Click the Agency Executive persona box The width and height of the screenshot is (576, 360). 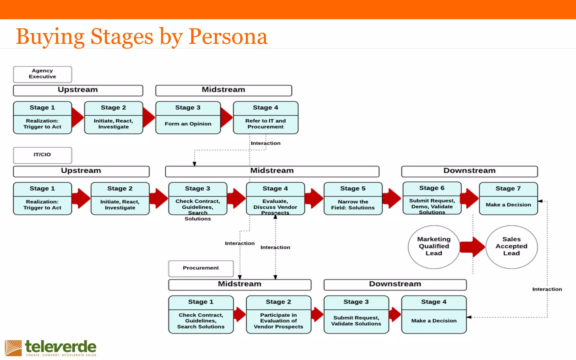42,74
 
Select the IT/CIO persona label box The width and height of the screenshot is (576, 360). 42,155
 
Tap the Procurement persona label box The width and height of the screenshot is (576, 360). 201,268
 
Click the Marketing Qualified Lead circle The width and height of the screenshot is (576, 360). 434,246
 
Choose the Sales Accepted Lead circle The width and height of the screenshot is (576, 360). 511,246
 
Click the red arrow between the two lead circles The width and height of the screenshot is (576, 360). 472,247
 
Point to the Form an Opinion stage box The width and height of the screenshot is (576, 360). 188,118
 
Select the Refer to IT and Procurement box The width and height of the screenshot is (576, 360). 265,118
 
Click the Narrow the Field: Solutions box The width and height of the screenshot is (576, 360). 353,199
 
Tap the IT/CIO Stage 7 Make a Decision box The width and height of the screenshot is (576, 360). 508,199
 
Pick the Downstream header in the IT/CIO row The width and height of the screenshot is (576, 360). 469,171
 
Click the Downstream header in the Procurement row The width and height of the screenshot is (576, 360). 395,284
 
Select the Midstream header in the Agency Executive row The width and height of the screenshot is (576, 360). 224,90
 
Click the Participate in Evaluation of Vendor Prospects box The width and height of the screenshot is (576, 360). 278,315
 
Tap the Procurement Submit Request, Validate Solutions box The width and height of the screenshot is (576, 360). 356,315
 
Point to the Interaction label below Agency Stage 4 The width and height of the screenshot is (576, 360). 265,143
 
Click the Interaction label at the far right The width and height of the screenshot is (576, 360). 547,289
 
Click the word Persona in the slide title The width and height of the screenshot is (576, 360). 228,37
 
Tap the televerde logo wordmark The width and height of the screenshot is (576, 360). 60,346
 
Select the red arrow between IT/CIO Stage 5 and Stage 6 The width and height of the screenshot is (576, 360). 392,199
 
